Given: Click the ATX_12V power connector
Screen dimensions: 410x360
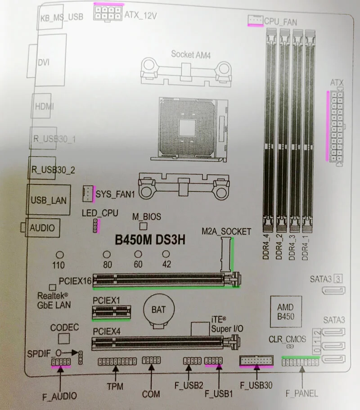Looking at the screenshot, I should [x=108, y=12].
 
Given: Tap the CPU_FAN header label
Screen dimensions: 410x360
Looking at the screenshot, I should [x=280, y=21].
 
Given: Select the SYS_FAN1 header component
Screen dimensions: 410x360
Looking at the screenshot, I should [x=89, y=194].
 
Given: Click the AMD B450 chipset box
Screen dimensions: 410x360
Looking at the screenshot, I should [x=285, y=311].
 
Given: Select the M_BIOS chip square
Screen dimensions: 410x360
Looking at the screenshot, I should [x=144, y=226].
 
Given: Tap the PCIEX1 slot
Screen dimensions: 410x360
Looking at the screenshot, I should [x=111, y=311].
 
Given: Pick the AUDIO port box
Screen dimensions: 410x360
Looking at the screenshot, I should [x=42, y=228].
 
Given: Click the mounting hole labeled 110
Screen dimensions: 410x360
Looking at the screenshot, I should [x=58, y=255].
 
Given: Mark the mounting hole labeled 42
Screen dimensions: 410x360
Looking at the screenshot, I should [x=166, y=255].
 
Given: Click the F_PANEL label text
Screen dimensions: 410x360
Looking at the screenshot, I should [x=301, y=393].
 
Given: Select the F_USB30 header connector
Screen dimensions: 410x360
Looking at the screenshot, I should [x=256, y=360].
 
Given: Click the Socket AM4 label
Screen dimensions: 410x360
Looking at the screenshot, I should [x=191, y=54].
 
